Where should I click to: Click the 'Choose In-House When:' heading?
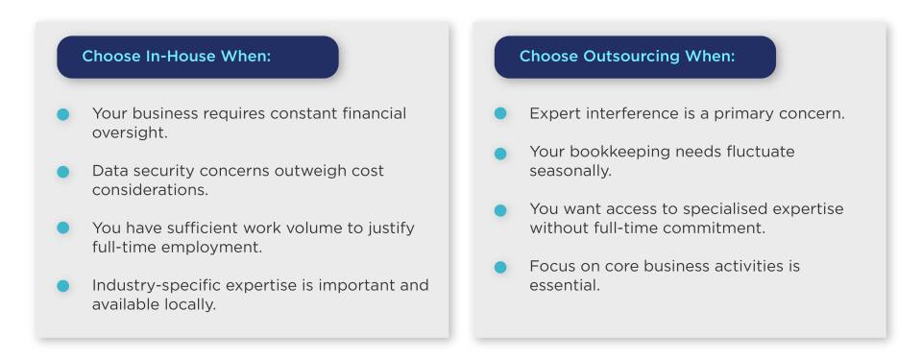pyautogui.click(x=176, y=57)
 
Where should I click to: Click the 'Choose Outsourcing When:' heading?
pyautogui.click(x=626, y=57)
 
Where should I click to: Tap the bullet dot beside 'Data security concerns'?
pyautogui.click(x=63, y=172)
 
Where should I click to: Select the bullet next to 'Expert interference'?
pyautogui.click(x=500, y=113)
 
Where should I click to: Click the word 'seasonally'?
pyautogui.click(x=570, y=171)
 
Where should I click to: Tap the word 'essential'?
pyautogui.click(x=565, y=285)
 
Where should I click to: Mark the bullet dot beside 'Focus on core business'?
pyautogui.click(x=500, y=267)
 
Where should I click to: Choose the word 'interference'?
pyautogui.click(x=629, y=113)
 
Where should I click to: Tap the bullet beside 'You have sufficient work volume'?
pyautogui.click(x=63, y=228)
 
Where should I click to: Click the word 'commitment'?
pyautogui.click(x=719, y=228)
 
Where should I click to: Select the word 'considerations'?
pyautogui.click(x=150, y=190)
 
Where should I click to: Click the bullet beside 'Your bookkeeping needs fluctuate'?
pyautogui.click(x=500, y=154)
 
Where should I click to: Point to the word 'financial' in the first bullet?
pyautogui.click(x=370, y=113)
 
